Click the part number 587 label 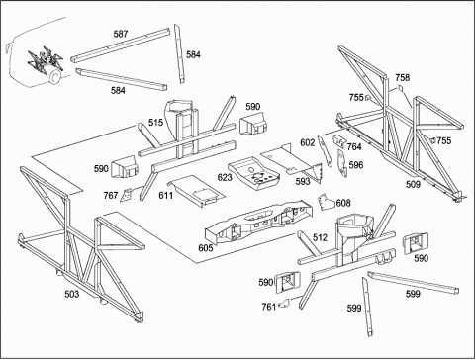pyautogui.click(x=121, y=34)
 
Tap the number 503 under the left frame pyautogui.click(x=72, y=294)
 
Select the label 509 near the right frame pyautogui.click(x=413, y=184)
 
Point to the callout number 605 pyautogui.click(x=206, y=247)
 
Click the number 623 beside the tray pyautogui.click(x=225, y=177)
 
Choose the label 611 pyautogui.click(x=166, y=196)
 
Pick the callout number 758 pyautogui.click(x=403, y=77)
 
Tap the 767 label pyautogui.click(x=111, y=196)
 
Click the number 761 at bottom pyautogui.click(x=269, y=307)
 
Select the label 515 pyautogui.click(x=155, y=123)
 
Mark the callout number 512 pyautogui.click(x=320, y=237)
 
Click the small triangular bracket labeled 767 pyautogui.click(x=127, y=195)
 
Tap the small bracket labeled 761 pyautogui.click(x=284, y=304)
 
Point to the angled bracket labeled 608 pyautogui.click(x=327, y=202)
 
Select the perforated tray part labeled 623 pyautogui.click(x=253, y=174)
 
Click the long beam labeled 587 pyautogui.click(x=120, y=45)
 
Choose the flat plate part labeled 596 pyautogui.click(x=342, y=163)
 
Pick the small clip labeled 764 pyautogui.click(x=338, y=141)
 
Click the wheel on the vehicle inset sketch pyautogui.click(x=53, y=78)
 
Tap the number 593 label pyautogui.click(x=303, y=181)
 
